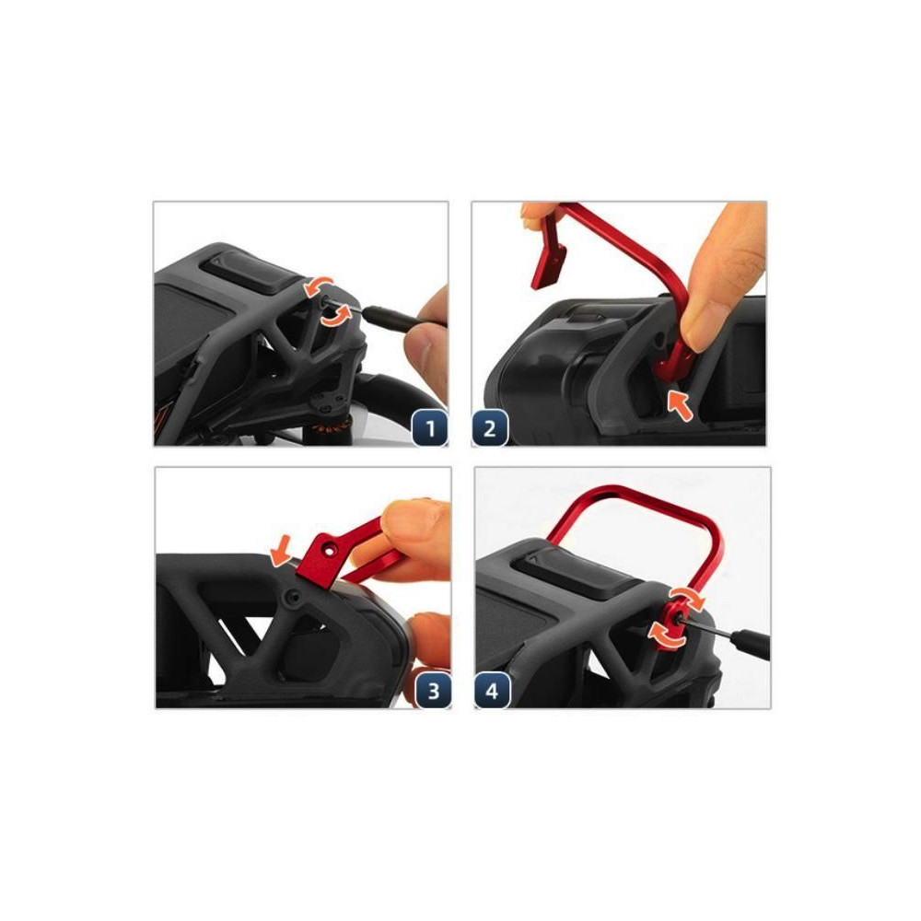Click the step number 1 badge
[429, 428]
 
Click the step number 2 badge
[490, 428]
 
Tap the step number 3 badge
[434, 690]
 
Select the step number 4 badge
[492, 690]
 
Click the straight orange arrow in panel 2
[681, 405]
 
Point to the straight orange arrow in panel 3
[280, 551]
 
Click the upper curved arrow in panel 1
[319, 286]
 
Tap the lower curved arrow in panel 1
[336, 316]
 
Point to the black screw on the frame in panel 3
[292, 598]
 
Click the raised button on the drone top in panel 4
[578, 575]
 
